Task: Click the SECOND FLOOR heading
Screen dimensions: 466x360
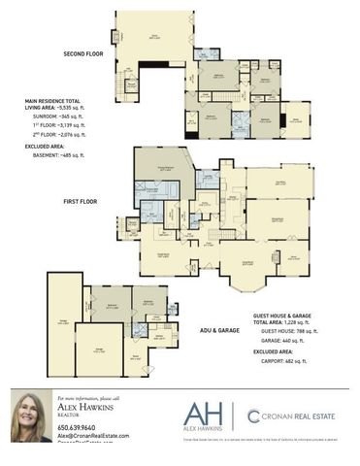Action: [83, 53]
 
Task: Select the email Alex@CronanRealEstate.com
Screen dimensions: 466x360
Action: [93, 436]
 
